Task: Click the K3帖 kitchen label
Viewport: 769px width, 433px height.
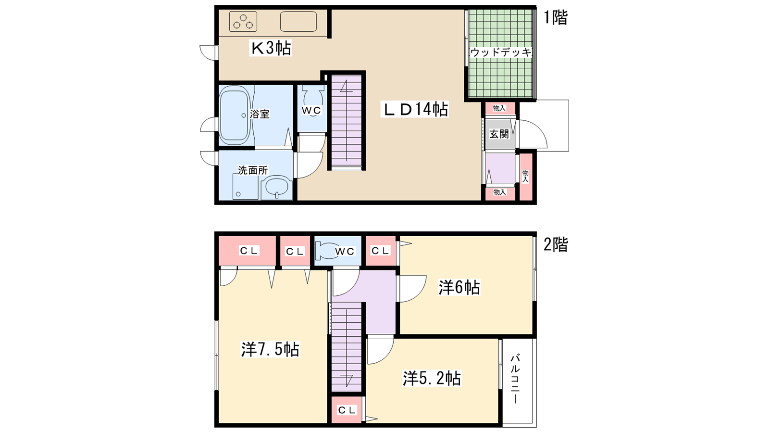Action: pyautogui.click(x=271, y=48)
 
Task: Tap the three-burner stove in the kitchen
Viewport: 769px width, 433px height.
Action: pyautogui.click(x=243, y=22)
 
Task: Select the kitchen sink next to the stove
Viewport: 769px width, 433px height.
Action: pyautogui.click(x=298, y=22)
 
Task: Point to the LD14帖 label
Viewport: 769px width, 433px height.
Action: pyautogui.click(x=414, y=109)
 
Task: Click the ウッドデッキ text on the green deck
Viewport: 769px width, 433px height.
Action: pyautogui.click(x=501, y=52)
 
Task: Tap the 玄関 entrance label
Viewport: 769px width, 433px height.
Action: pyautogui.click(x=499, y=134)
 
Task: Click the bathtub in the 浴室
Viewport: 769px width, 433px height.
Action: pyautogui.click(x=235, y=115)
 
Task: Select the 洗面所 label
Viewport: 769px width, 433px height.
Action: pyautogui.click(x=253, y=170)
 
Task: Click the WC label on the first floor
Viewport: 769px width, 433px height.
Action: pyautogui.click(x=311, y=110)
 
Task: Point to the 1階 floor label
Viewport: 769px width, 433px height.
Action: pyautogui.click(x=556, y=17)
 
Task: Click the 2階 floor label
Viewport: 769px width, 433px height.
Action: pyautogui.click(x=556, y=245)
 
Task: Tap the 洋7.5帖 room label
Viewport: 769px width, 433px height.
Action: pyautogui.click(x=271, y=349)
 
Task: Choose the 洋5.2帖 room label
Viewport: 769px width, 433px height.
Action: pyautogui.click(x=432, y=378)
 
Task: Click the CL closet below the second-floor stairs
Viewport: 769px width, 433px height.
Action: pyautogui.click(x=347, y=410)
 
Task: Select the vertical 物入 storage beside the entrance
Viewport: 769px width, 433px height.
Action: pyautogui.click(x=526, y=176)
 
